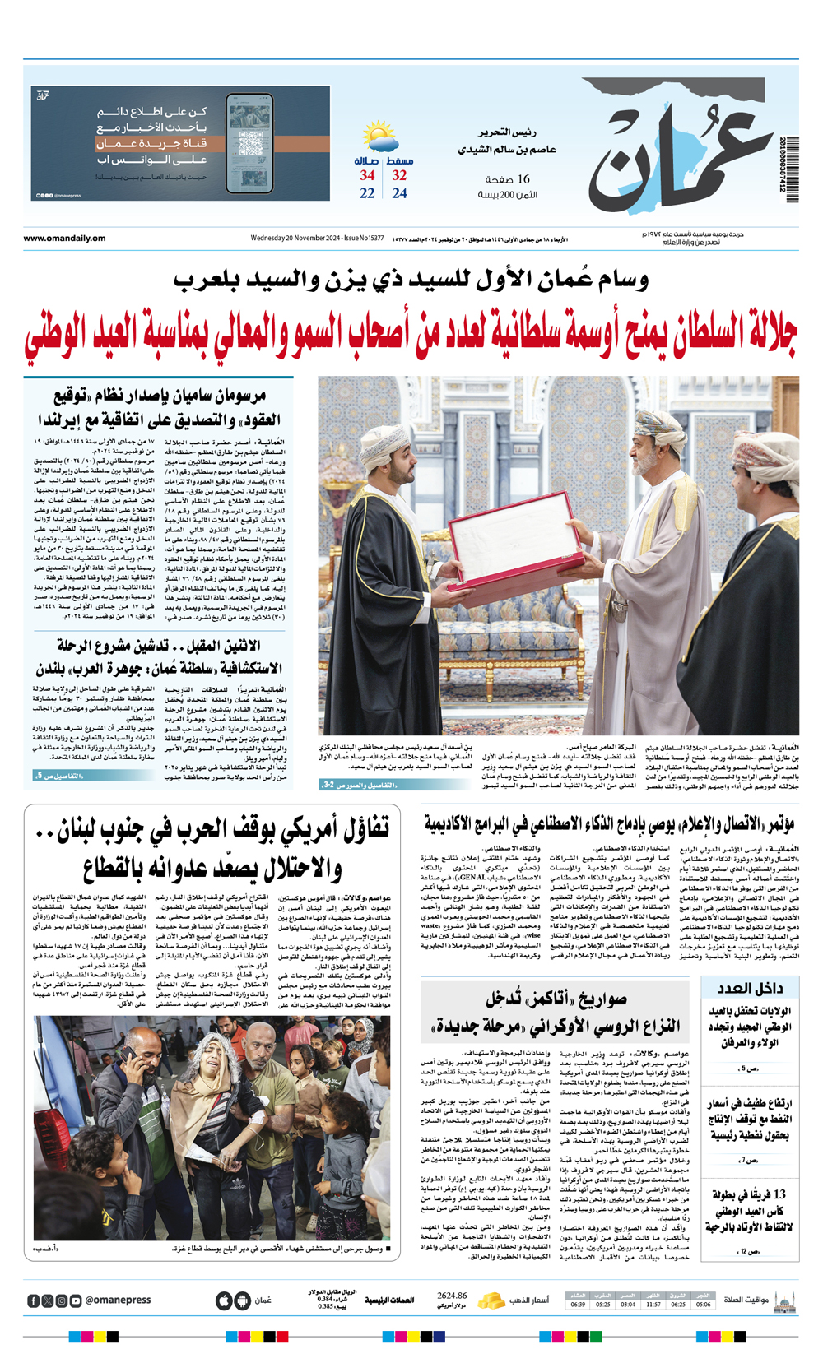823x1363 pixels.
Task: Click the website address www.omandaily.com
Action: pyautogui.click(x=64, y=239)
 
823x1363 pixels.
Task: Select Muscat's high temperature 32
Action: pyautogui.click(x=399, y=175)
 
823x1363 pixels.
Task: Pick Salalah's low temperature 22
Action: pyautogui.click(x=367, y=193)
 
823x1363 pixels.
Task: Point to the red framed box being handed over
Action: pyautogui.click(x=510, y=540)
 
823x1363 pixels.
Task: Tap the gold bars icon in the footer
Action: pyautogui.click(x=491, y=1300)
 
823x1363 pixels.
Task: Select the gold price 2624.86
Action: pyautogui.click(x=452, y=1296)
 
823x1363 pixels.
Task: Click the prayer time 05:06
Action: pyautogui.click(x=703, y=1305)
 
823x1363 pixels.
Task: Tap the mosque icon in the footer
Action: pyautogui.click(x=785, y=1300)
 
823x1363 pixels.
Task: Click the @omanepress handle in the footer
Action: pyautogui.click(x=118, y=1300)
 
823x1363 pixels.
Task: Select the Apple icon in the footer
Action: pyautogui.click(x=223, y=1300)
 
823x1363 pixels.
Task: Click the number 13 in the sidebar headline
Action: pyautogui.click(x=779, y=1194)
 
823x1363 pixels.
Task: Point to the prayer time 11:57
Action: pyautogui.click(x=653, y=1305)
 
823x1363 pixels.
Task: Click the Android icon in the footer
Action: pyautogui.click(x=241, y=1300)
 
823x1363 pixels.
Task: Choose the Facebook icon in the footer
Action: pyautogui.click(x=34, y=1300)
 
